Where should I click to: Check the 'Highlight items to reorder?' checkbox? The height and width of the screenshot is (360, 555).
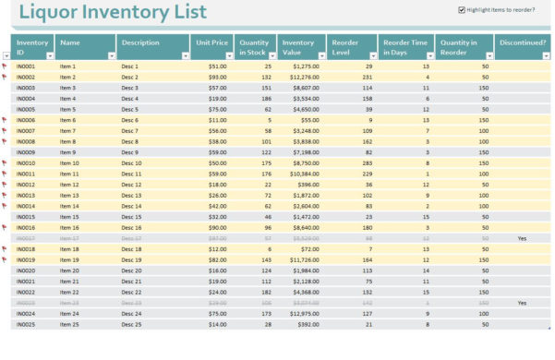pos(462,10)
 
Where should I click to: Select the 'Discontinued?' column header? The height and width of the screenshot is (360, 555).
pos(521,42)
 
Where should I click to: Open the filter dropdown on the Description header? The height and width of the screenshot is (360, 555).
pos(184,56)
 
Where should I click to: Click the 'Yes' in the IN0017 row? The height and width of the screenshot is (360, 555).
pos(522,238)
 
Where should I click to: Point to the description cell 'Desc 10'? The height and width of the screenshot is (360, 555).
pos(131,163)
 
